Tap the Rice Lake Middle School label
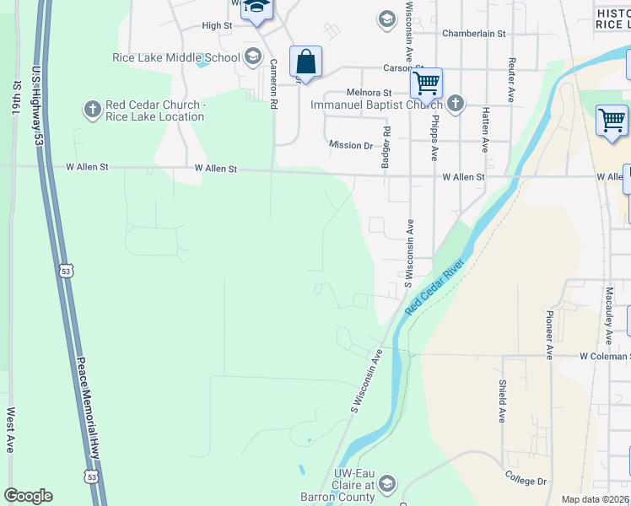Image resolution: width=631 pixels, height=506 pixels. pos(175,57)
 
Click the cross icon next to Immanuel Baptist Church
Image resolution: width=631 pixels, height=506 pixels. pos(455,104)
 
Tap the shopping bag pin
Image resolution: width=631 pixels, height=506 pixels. pos(305,62)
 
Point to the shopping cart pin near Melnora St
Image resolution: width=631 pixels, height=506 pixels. pos(427,83)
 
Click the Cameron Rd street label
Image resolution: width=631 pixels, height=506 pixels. pos(273,84)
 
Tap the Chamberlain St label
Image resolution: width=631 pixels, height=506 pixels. pos(473,34)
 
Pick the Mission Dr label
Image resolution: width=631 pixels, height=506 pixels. pos(351,145)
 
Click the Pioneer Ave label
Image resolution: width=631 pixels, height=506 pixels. pos(549,335)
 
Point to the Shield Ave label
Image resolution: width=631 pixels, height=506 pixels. pos(502,401)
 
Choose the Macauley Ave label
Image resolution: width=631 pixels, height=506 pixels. pos(608,315)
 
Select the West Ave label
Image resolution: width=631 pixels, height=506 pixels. pos(11,430)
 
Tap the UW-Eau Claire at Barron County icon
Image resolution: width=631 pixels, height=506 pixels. pos(386,482)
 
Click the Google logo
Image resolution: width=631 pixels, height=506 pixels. pos(28,496)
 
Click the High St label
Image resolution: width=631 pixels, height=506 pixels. pos(217,26)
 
